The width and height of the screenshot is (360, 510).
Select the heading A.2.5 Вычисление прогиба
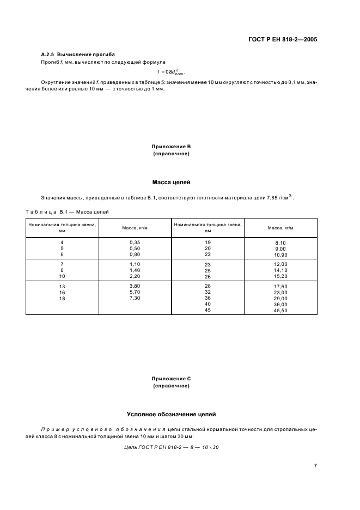click(78, 55)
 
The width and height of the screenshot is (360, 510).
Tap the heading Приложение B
click(172, 147)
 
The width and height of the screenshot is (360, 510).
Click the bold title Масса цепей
click(172, 181)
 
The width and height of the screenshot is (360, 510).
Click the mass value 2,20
click(135, 276)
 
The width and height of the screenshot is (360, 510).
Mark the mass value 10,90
click(280, 255)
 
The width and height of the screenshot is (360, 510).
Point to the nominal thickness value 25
click(208, 270)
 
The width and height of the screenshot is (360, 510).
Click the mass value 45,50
click(280, 311)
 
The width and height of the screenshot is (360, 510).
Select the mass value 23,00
click(280, 293)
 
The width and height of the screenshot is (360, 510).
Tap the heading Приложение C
click(172, 378)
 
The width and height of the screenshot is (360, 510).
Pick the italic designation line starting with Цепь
click(172, 447)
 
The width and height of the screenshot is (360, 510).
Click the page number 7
click(315, 466)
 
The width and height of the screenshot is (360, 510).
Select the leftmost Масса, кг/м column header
click(135, 228)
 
